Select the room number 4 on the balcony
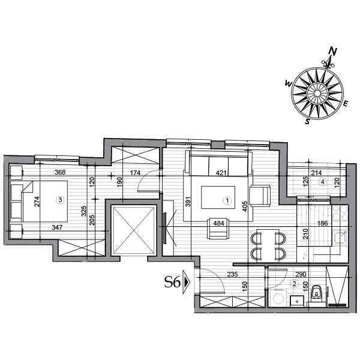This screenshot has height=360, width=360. [x=323, y=181]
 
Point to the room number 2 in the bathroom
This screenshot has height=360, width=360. [x=295, y=284]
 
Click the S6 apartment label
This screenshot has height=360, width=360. [x=172, y=282]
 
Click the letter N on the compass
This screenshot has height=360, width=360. [x=334, y=52]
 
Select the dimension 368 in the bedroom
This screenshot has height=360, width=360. [x=60, y=173]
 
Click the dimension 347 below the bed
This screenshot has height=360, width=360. [x=57, y=227]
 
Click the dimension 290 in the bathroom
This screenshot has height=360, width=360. [x=301, y=275]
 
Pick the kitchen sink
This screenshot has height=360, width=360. [x=340, y=238]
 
